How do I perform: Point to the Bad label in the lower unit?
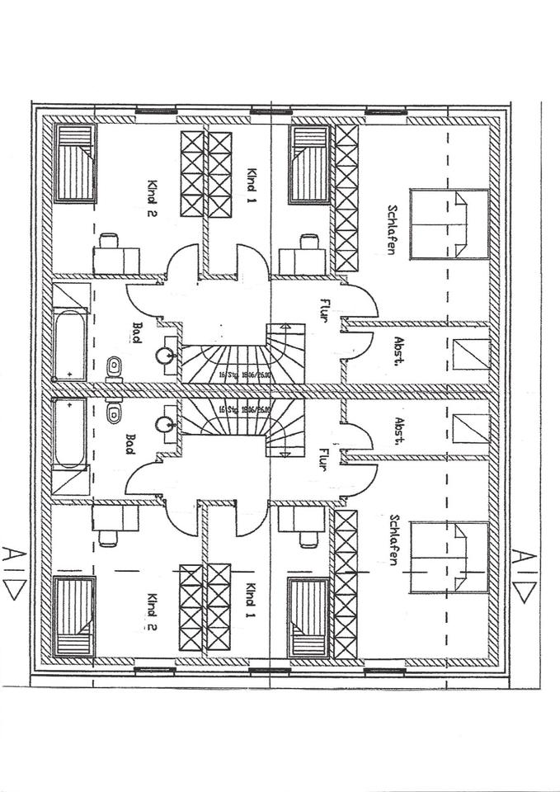(129, 443)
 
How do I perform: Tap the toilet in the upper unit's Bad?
(114, 365)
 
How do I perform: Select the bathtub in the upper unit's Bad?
(70, 345)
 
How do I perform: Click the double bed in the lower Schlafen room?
(449, 557)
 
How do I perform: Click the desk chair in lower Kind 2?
(108, 540)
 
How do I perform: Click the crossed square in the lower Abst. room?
(471, 428)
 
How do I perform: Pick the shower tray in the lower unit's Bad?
(71, 479)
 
